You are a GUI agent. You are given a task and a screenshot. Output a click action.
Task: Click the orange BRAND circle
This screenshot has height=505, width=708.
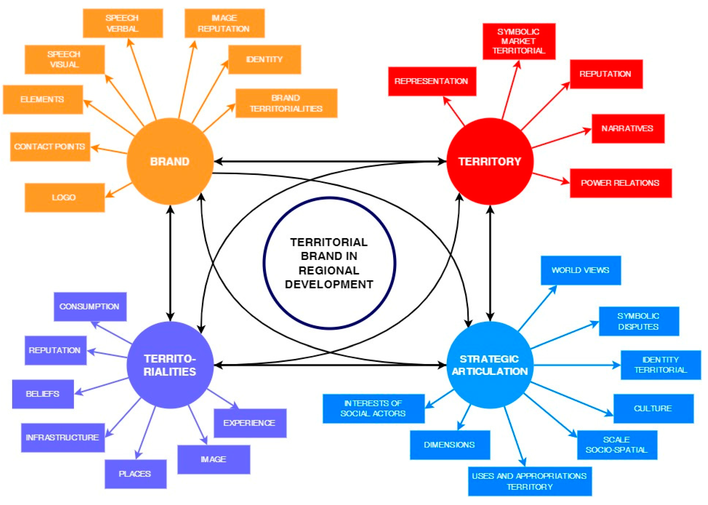pos(170,161)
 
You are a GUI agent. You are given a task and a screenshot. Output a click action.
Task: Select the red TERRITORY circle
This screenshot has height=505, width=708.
pos(490,161)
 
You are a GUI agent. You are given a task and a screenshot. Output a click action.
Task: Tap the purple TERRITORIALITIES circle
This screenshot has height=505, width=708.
pos(170,365)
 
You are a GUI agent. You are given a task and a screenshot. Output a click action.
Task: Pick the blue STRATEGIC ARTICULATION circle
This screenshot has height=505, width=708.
pos(490,365)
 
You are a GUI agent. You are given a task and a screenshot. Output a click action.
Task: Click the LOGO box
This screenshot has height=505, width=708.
pos(64,197)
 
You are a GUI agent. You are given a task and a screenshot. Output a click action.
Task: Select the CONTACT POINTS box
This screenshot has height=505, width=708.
pos(50,147)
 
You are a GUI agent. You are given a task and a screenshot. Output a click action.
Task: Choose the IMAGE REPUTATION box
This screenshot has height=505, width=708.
pos(224,23)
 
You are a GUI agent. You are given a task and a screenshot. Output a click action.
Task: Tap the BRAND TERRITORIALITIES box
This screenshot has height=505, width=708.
pos(286,103)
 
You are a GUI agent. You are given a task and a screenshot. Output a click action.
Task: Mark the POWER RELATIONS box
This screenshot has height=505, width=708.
pos(620,183)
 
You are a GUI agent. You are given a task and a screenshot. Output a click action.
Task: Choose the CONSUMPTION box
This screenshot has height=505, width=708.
pos(90,307)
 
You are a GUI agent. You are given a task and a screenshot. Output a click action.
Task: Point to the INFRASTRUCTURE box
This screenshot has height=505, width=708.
pos(63,437)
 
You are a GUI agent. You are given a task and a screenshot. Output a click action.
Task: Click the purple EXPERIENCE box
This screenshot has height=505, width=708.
pos(250,423)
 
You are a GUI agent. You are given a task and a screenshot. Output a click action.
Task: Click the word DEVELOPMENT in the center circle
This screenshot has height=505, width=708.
pos(329,284)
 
